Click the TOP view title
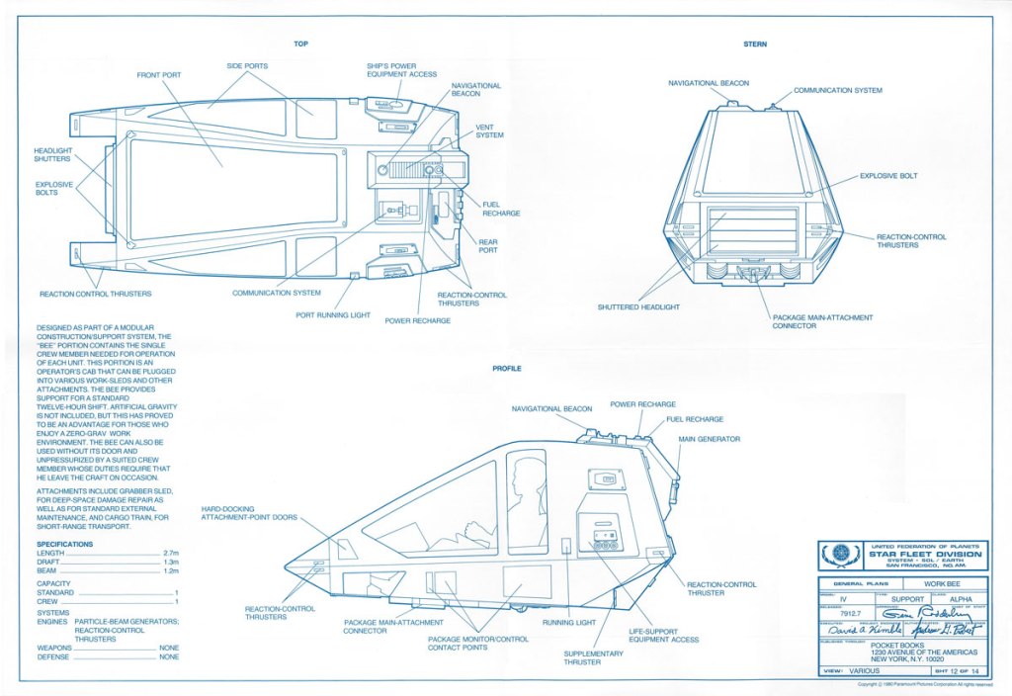click(x=300, y=43)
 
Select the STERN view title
click(x=755, y=44)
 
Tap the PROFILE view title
click(x=507, y=369)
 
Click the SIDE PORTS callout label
click(x=247, y=65)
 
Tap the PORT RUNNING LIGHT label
click(x=333, y=315)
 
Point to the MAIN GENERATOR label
click(x=709, y=438)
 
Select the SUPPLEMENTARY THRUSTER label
click(x=594, y=658)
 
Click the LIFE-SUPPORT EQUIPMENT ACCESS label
click(x=664, y=634)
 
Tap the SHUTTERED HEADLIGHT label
click(x=638, y=307)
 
